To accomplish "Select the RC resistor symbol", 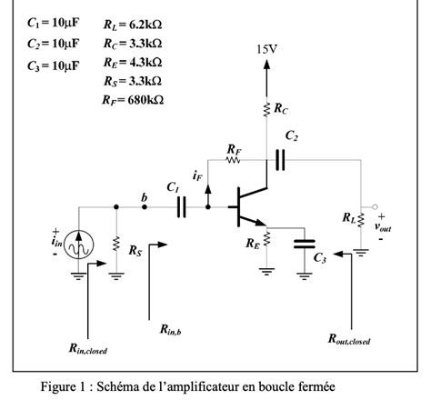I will click(x=266, y=110).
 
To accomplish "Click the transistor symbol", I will click(x=247, y=207).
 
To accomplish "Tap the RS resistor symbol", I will click(x=116, y=245).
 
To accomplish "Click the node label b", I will click(x=143, y=195).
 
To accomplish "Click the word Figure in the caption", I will click(x=63, y=387).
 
